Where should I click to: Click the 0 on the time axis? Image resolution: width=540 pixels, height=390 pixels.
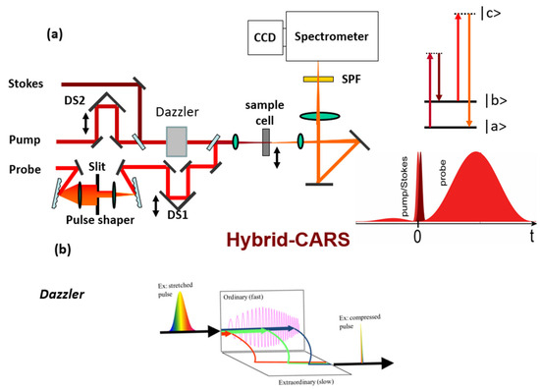click(417, 237)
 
